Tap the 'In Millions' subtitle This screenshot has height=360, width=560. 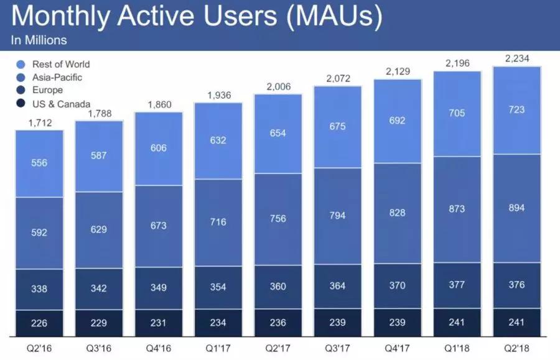point(39,41)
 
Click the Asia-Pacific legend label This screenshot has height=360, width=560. point(57,77)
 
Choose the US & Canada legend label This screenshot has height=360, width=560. point(60,104)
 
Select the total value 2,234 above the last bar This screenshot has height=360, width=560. point(516,58)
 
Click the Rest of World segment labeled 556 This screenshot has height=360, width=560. point(39,163)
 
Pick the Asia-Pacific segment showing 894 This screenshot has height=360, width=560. point(516,208)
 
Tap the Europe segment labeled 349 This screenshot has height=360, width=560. point(158,288)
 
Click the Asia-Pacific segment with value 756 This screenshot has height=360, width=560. point(278,219)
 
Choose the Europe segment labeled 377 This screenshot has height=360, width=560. point(457,285)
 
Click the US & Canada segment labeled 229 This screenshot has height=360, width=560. point(98,323)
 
